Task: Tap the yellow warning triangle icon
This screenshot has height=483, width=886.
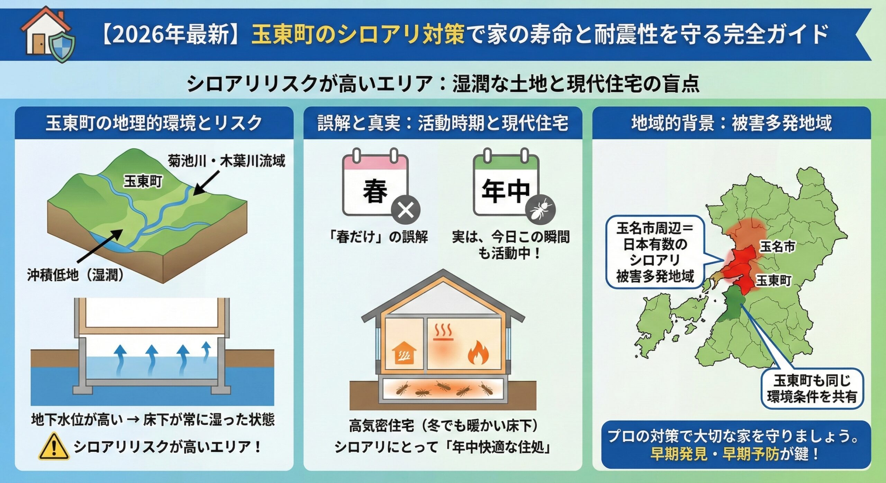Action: pos(54,447)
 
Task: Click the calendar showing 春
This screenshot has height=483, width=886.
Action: pos(375,185)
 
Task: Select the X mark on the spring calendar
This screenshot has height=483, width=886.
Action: pos(406,210)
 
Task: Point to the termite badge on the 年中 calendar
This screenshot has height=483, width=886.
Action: pos(540,209)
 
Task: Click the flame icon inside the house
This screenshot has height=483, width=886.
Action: pos(478,353)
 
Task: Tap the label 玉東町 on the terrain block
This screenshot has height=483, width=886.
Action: pos(143,181)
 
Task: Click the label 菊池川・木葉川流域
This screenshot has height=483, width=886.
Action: pos(226,161)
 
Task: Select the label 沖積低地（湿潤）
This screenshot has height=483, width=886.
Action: pos(75,275)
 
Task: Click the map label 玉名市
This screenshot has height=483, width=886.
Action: pos(777,247)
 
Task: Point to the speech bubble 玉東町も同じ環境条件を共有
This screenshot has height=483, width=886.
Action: pos(812,389)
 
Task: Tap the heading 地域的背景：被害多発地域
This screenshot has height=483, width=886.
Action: pos(731,123)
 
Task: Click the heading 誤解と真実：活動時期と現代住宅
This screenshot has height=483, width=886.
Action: pos(443,123)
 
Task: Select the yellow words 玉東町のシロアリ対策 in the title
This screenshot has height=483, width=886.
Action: pos(358,35)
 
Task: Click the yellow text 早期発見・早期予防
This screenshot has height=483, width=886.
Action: pos(714,454)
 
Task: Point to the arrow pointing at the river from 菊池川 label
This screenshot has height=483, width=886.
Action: pos(206,182)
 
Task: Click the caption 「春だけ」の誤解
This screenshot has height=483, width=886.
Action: pos(378,237)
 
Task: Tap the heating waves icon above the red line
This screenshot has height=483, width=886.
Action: pos(443,332)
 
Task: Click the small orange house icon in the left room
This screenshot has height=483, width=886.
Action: pos(404,354)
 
